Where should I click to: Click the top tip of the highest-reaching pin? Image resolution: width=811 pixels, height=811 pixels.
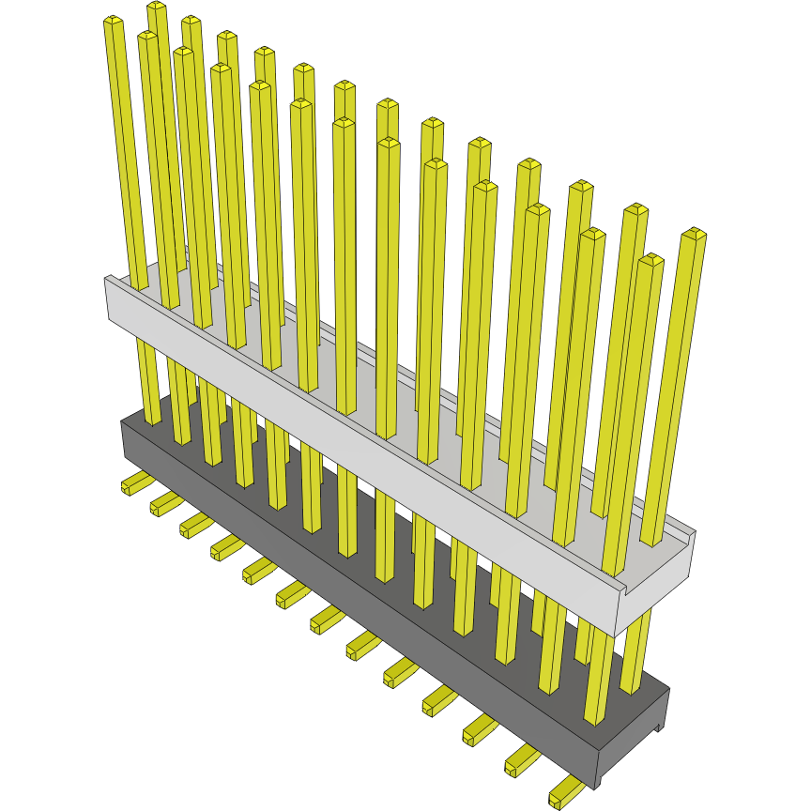point(157,8)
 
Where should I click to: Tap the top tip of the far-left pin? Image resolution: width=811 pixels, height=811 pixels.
point(114,21)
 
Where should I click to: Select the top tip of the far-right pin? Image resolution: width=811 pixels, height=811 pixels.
point(694,233)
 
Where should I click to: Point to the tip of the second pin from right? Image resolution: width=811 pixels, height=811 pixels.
point(650,259)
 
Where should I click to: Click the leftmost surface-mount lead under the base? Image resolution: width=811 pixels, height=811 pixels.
point(135,483)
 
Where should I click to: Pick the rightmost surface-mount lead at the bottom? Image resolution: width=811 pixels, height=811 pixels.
point(565,792)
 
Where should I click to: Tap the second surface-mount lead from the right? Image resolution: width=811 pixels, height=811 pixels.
point(522,761)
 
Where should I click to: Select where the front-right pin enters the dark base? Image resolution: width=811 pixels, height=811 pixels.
point(594,721)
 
